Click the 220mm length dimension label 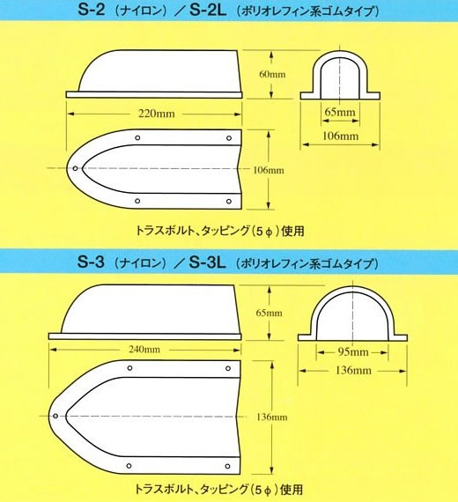coord(157,114)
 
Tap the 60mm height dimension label coord(272,74)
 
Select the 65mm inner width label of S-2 coord(340,112)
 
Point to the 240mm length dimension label coord(144,349)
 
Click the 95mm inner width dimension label coord(353,352)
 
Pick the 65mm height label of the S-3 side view coord(269,313)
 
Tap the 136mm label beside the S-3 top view coord(272,417)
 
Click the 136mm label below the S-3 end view coord(353,371)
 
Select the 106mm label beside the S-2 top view coord(269,170)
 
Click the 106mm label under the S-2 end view coord(340,136)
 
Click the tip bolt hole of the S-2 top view coord(75,168)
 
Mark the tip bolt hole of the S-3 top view coord(55,416)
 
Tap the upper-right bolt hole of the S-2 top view coord(229,138)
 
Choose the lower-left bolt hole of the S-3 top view coord(129,466)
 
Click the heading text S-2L coord(208,10)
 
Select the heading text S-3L coord(207,262)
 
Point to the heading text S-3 coord(91,262)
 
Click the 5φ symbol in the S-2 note coord(264,231)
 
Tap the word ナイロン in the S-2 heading coord(141,11)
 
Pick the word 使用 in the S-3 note coord(292,490)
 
